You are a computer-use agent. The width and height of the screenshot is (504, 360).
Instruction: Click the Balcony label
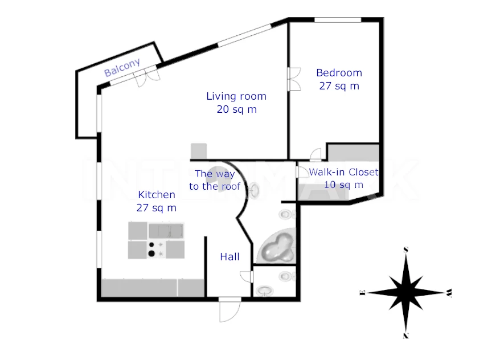[122, 67]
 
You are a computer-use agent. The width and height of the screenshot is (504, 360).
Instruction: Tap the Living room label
[236, 96]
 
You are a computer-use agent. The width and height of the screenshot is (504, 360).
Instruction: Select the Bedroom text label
[339, 73]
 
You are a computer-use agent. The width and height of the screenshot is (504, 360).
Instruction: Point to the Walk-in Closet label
[343, 172]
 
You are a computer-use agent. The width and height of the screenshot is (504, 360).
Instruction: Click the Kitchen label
[157, 195]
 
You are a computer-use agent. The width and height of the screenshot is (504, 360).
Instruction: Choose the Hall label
[230, 257]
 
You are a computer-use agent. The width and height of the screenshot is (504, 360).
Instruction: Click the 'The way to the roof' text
[215, 180]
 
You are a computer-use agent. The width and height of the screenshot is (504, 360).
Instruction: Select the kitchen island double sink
[166, 231]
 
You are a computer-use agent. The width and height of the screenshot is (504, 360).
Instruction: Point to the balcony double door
[147, 77]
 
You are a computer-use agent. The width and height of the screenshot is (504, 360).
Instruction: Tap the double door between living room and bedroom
[294, 79]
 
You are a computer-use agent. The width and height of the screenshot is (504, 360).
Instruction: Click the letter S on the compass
[406, 249]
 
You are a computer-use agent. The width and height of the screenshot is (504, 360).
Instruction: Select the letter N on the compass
[405, 336]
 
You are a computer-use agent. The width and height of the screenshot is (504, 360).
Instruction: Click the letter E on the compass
[363, 293]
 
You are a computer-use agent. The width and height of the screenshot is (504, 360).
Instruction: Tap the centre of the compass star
[406, 293]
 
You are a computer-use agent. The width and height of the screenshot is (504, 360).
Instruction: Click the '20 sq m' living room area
[236, 109]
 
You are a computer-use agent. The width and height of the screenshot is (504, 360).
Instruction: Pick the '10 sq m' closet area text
[343, 185]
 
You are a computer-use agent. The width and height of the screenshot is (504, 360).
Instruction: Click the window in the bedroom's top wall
[338, 20]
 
